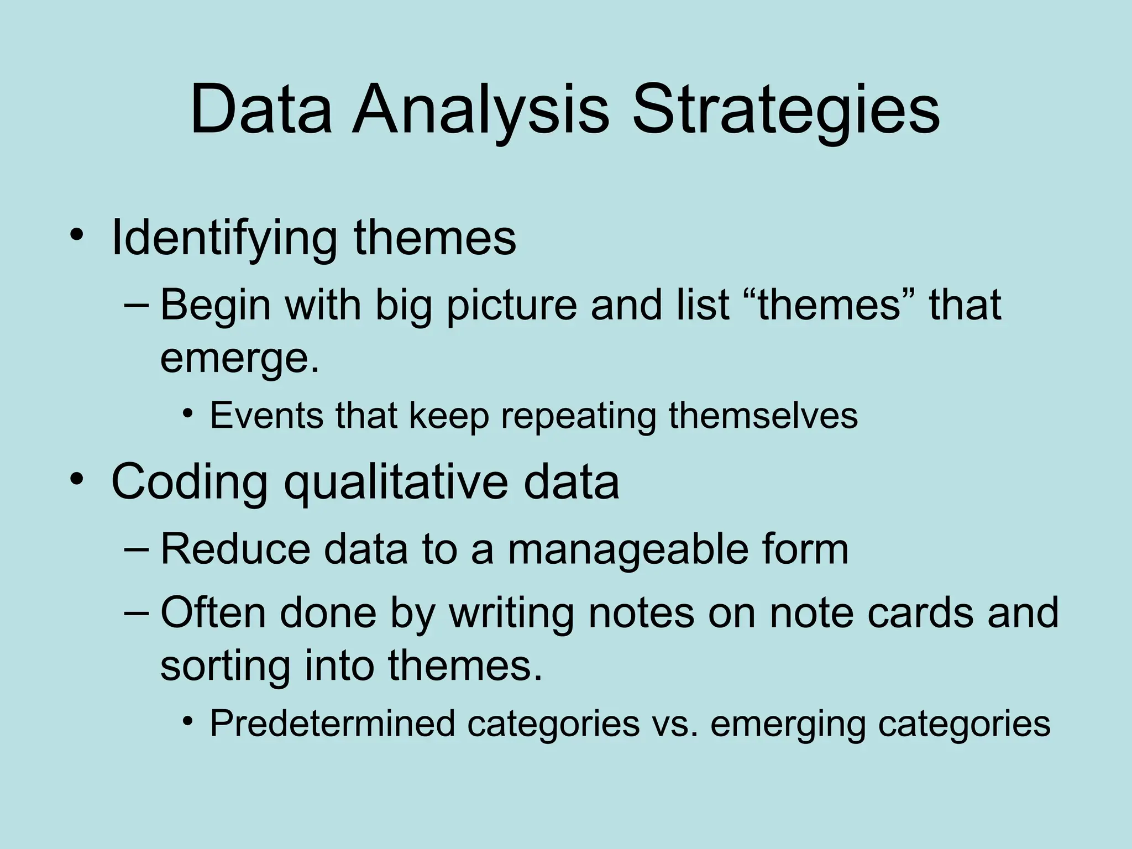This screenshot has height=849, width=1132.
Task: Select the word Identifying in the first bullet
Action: pyautogui.click(x=224, y=238)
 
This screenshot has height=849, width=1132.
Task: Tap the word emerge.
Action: pyautogui.click(x=239, y=359)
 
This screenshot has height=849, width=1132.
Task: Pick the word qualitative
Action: pyautogui.click(x=395, y=483)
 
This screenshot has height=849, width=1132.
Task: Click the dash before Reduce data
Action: pyautogui.click(x=137, y=550)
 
